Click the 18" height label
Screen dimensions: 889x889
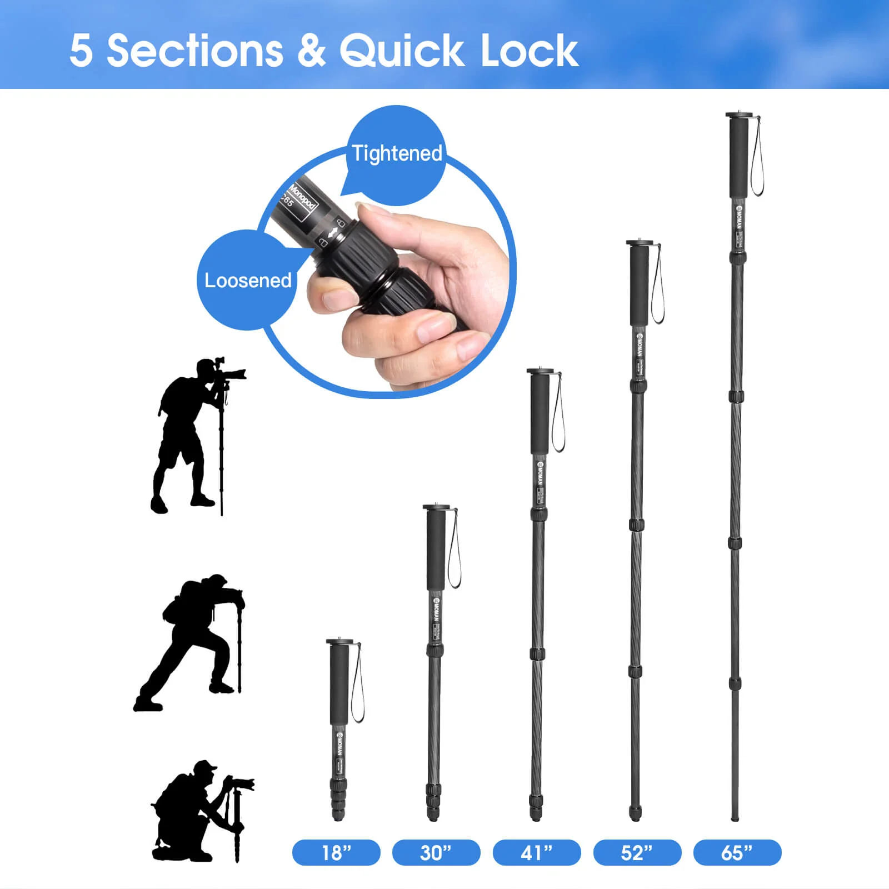click(x=336, y=852)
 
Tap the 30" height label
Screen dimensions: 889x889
click(x=436, y=852)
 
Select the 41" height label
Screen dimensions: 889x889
click(x=537, y=852)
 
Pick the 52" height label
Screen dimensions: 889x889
click(x=637, y=852)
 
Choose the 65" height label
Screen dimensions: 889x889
click(x=737, y=852)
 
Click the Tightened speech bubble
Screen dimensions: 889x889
click(x=397, y=153)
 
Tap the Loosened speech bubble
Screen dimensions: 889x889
click(x=247, y=280)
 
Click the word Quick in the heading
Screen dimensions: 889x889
click(x=401, y=51)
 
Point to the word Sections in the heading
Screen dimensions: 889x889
click(x=194, y=51)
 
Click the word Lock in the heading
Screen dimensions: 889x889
click(x=529, y=51)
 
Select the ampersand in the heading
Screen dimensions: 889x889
click(x=311, y=51)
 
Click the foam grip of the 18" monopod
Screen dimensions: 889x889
click(x=339, y=683)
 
